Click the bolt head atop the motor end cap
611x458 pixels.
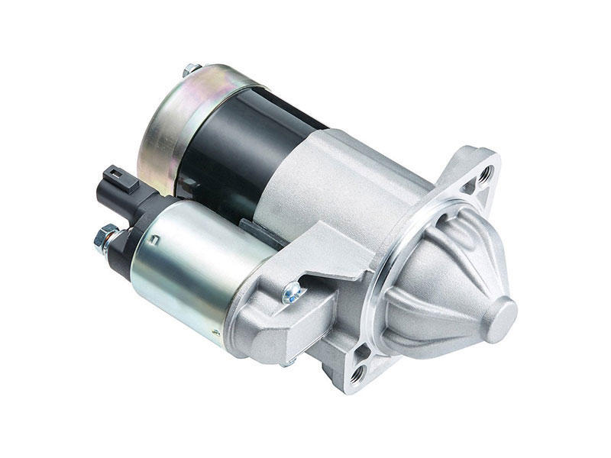click(192, 69)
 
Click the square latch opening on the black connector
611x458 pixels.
click(128, 182)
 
